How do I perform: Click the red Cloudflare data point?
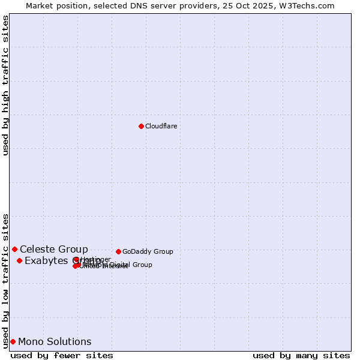[x=141, y=126]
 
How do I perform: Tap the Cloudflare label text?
[x=161, y=126]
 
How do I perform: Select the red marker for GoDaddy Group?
[x=118, y=251]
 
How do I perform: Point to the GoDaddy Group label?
[x=148, y=251]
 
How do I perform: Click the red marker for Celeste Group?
[x=14, y=249]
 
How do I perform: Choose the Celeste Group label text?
[x=54, y=249]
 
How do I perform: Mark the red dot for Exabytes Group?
[x=19, y=260]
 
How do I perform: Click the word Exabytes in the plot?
[x=46, y=260]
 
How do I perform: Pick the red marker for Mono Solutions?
[x=13, y=341]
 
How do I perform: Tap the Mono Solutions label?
[x=55, y=341]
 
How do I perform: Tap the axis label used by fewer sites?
[x=62, y=355]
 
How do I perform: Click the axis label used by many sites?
[x=301, y=355]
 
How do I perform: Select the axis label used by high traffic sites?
[x=5, y=85]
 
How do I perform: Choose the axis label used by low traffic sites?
[x=5, y=280]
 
